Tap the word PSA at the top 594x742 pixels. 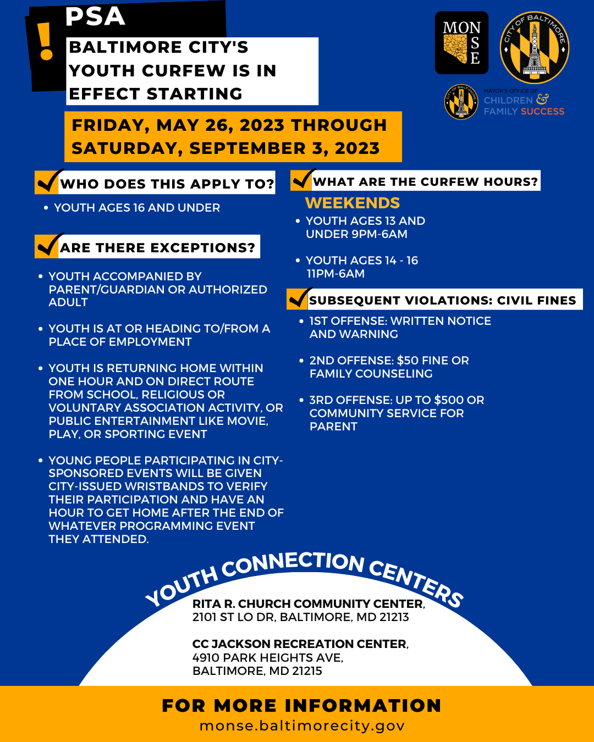(x=95, y=16)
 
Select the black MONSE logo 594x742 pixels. (x=461, y=43)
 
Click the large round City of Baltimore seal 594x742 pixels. (x=534, y=48)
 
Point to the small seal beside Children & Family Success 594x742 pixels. (x=461, y=102)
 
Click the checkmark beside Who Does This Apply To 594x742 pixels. (x=48, y=181)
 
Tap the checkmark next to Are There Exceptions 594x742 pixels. (x=48, y=245)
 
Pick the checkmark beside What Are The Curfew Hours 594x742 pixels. (x=303, y=179)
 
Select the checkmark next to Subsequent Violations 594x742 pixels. (x=299, y=298)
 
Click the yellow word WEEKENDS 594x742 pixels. (x=353, y=203)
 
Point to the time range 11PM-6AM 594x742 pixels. (x=335, y=274)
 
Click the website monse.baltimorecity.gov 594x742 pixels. (x=302, y=726)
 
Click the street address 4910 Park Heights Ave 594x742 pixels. (x=268, y=657)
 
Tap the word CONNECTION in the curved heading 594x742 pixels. (x=293, y=563)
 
